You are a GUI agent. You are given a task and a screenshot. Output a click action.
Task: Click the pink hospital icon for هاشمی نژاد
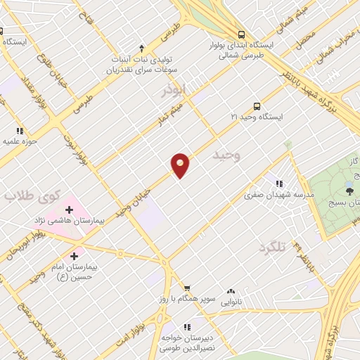(x=69, y=208)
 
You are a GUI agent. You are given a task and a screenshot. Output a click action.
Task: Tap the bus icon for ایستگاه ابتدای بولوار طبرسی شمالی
(x=242, y=34)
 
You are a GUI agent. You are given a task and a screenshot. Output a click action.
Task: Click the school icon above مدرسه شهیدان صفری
(x=279, y=184)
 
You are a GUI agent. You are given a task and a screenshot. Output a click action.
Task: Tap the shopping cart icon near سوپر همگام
(x=187, y=288)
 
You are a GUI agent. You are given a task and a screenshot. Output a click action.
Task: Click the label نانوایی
(x=231, y=302)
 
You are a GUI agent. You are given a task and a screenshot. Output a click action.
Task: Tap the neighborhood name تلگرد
(x=274, y=247)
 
